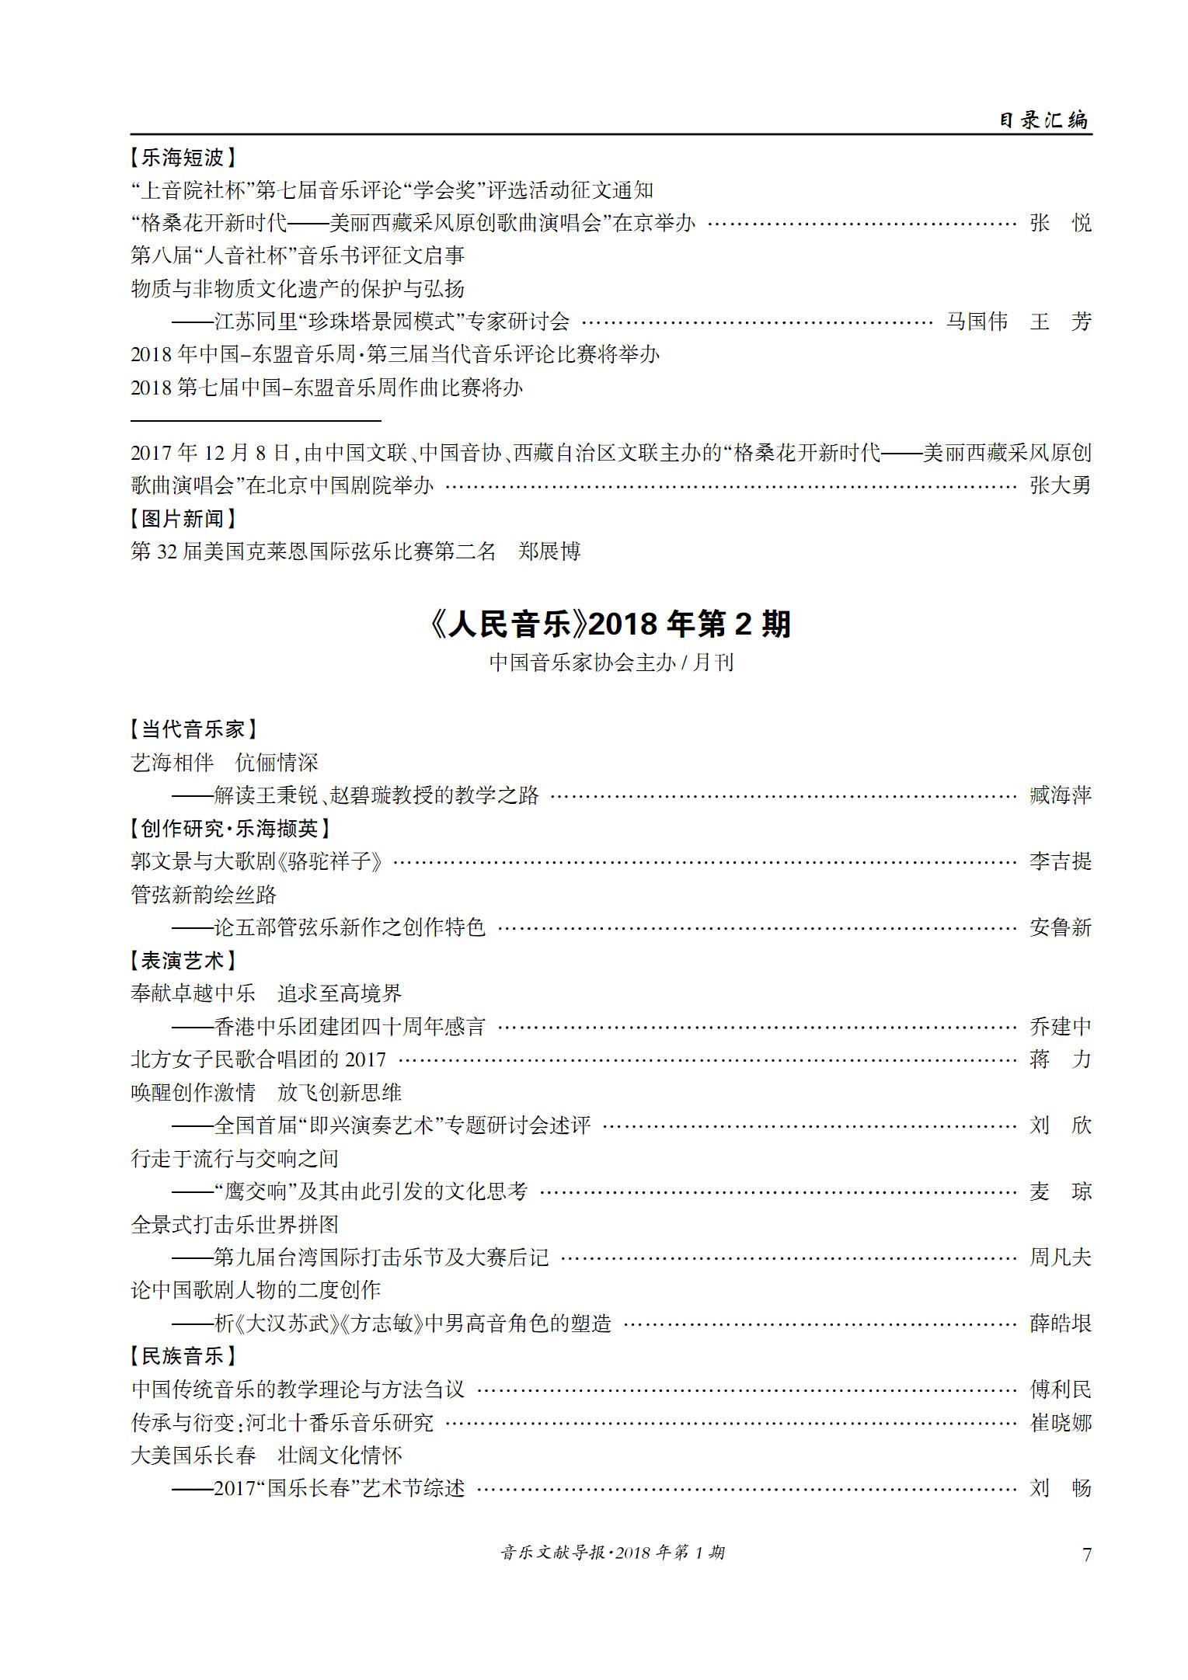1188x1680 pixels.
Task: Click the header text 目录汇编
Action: coord(1043,120)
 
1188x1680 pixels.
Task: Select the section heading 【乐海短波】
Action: coord(183,158)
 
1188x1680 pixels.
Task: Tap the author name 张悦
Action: coord(1060,223)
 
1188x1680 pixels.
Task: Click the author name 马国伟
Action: coord(977,322)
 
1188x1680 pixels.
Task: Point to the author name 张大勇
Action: coord(1060,485)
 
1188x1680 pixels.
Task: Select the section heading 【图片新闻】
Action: coord(183,518)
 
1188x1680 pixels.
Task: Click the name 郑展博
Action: coord(549,551)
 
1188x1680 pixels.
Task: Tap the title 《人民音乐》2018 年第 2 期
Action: coord(611,624)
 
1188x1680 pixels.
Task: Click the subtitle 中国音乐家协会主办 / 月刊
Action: coord(611,663)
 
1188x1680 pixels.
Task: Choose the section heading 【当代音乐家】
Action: coord(193,729)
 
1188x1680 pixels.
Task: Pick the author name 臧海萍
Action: coord(1060,795)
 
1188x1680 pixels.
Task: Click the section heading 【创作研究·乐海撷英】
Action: coord(230,829)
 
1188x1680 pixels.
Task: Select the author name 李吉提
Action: coord(1060,861)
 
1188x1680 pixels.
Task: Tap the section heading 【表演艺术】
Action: coord(183,961)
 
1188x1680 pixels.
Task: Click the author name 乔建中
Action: coord(1060,1027)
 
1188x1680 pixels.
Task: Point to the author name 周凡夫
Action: coord(1060,1257)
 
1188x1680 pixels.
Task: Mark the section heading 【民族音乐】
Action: coord(183,1356)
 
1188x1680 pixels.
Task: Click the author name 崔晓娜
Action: coord(1060,1423)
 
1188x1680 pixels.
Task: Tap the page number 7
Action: coord(1086,1554)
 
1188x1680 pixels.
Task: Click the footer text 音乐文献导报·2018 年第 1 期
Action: coord(612,1553)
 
